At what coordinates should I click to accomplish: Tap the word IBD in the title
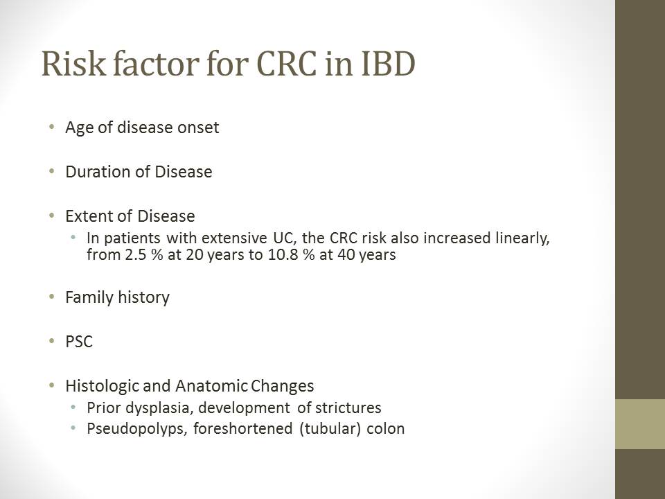pyautogui.click(x=388, y=64)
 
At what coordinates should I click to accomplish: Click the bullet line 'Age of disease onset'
pyautogui.click(x=142, y=128)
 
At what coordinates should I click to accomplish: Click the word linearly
pyautogui.click(x=522, y=238)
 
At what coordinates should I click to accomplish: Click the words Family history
pyautogui.click(x=118, y=297)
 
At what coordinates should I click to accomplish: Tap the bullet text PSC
pyautogui.click(x=79, y=342)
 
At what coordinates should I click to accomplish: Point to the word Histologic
pyautogui.click(x=102, y=386)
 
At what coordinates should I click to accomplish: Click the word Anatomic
pyautogui.click(x=211, y=386)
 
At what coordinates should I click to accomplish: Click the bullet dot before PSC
pyautogui.click(x=52, y=341)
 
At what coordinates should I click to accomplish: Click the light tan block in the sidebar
pyautogui.click(x=640, y=424)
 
